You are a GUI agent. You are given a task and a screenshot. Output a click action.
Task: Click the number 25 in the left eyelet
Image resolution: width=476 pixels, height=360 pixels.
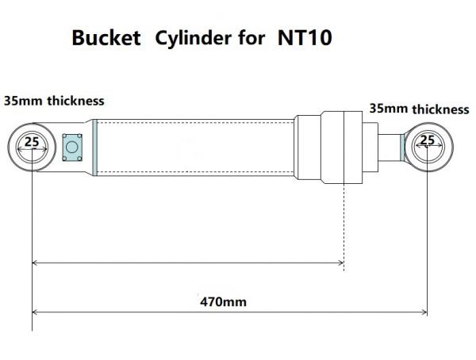click(x=31, y=142)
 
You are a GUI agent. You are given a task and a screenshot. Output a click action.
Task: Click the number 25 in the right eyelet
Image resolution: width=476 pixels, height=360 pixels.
click(x=427, y=140)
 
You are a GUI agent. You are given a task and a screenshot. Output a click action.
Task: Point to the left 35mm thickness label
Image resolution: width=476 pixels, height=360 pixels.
click(x=54, y=101)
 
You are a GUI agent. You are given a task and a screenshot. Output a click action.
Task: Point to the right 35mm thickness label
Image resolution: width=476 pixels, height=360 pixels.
click(x=418, y=109)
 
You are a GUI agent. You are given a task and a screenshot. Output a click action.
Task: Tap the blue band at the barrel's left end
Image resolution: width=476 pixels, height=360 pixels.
click(x=94, y=147)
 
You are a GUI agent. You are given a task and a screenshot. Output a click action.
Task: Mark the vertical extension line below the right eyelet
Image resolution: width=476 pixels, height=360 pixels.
click(x=428, y=238)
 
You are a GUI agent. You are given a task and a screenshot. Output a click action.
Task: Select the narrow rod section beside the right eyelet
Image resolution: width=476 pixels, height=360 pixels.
click(x=388, y=146)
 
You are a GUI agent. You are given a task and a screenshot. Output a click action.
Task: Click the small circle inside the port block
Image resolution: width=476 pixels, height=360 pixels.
click(x=73, y=146)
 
